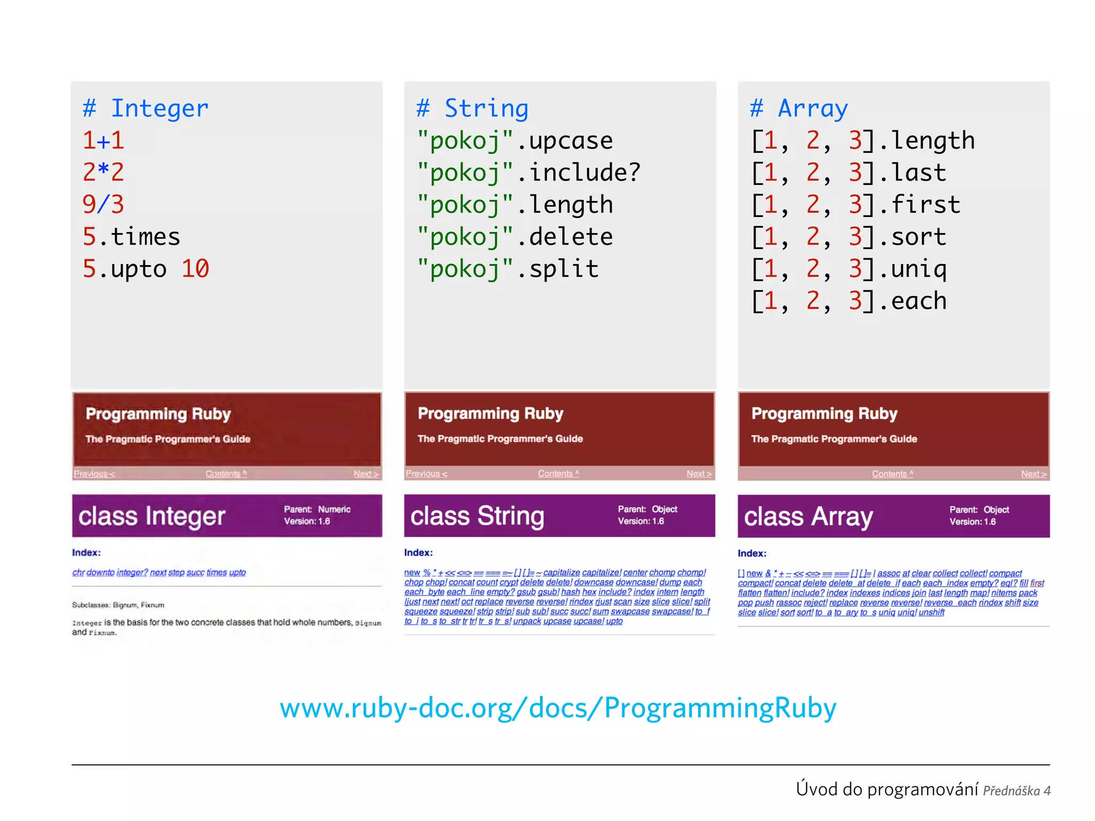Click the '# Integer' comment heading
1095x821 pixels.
(145, 109)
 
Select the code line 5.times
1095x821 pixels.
(131, 237)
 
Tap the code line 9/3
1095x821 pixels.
(103, 205)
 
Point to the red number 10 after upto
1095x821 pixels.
(195, 269)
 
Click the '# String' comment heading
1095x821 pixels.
(473, 109)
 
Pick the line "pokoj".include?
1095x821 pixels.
(528, 173)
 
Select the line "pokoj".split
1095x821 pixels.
(507, 269)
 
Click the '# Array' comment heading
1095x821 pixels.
(799, 109)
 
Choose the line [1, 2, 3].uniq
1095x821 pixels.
(849, 269)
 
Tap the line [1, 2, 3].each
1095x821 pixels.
(849, 301)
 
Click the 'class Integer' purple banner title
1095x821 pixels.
(152, 516)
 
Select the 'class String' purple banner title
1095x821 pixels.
(477, 516)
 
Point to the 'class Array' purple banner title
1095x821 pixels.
(808, 517)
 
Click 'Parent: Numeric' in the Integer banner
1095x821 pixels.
(317, 509)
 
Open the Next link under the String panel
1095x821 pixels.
(699, 474)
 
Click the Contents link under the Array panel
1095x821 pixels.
(892, 474)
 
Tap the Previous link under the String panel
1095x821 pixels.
(426, 474)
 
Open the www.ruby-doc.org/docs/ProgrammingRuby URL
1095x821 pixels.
(558, 708)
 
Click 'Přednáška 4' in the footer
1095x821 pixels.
(1016, 791)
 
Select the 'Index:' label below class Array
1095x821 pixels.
(752, 554)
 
